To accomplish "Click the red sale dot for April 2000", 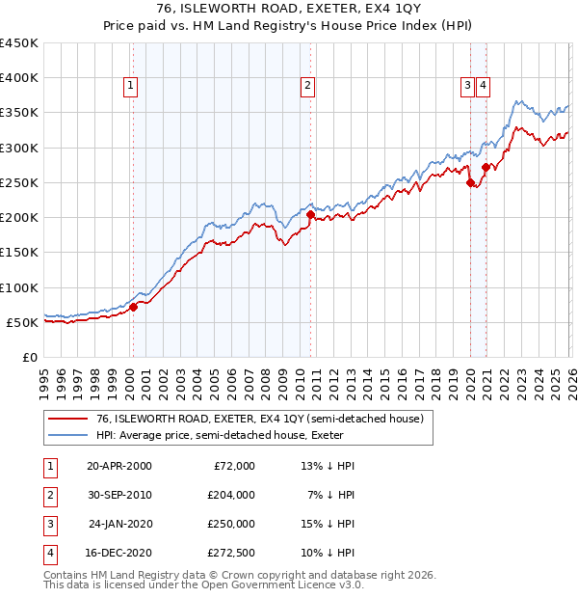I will point(134,307).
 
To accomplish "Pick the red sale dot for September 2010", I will point(309,215).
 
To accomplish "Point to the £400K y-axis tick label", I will point(19,78).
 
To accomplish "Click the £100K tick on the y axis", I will point(19,287).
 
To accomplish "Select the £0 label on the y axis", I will point(29,357).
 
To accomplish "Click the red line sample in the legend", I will point(69,420).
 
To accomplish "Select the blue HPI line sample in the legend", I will point(69,436).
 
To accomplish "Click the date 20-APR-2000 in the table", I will point(118,466).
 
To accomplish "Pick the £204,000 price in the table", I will point(231,495).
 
